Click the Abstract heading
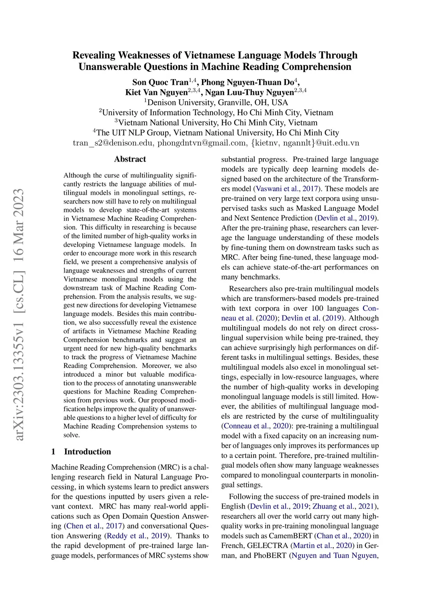(x=130, y=159)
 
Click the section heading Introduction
(x=87, y=452)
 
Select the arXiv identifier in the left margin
(x=19, y=315)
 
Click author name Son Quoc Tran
(x=160, y=82)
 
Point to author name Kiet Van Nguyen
(x=156, y=93)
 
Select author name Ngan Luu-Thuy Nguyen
(x=249, y=93)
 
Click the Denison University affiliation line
(x=216, y=103)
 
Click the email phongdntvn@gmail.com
(x=202, y=143)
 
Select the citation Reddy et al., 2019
(x=137, y=536)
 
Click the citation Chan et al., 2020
(x=343, y=536)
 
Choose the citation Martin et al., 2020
(x=320, y=545)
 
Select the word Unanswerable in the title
(x=110, y=67)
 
